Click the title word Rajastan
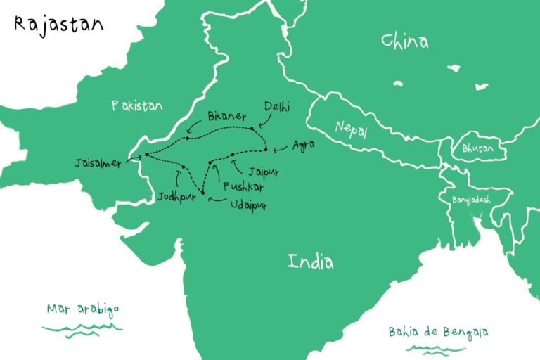click(58, 25)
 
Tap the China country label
click(404, 41)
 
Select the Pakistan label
click(136, 106)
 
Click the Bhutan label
click(477, 149)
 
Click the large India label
click(310, 262)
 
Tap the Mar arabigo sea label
click(83, 309)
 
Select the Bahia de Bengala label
click(438, 332)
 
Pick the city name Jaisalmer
click(98, 163)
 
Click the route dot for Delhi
click(251, 129)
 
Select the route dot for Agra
click(265, 149)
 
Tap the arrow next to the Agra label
click(279, 148)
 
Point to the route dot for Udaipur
click(203, 192)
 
